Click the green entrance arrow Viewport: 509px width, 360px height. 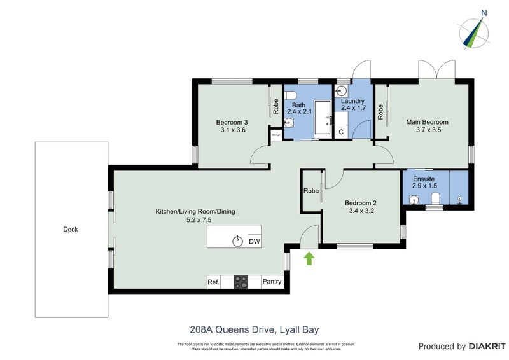[310, 258]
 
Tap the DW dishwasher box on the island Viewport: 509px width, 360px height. [254, 241]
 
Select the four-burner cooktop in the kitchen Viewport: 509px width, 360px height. [241, 282]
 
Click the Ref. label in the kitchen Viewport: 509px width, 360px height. [213, 282]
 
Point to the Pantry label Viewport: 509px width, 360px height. [272, 282]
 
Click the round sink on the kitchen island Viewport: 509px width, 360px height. [238, 240]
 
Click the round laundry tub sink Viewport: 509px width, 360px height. [340, 90]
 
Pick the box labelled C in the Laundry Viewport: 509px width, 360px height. [341, 132]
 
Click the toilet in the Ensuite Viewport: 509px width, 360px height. [436, 200]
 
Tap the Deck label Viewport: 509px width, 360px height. [70, 230]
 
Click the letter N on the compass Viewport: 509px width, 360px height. [484, 12]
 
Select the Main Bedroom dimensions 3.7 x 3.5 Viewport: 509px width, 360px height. [428, 130]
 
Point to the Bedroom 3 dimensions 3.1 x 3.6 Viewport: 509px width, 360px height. [232, 130]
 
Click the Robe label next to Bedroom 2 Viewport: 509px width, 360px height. [311, 191]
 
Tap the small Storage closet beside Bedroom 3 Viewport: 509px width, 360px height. [276, 135]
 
